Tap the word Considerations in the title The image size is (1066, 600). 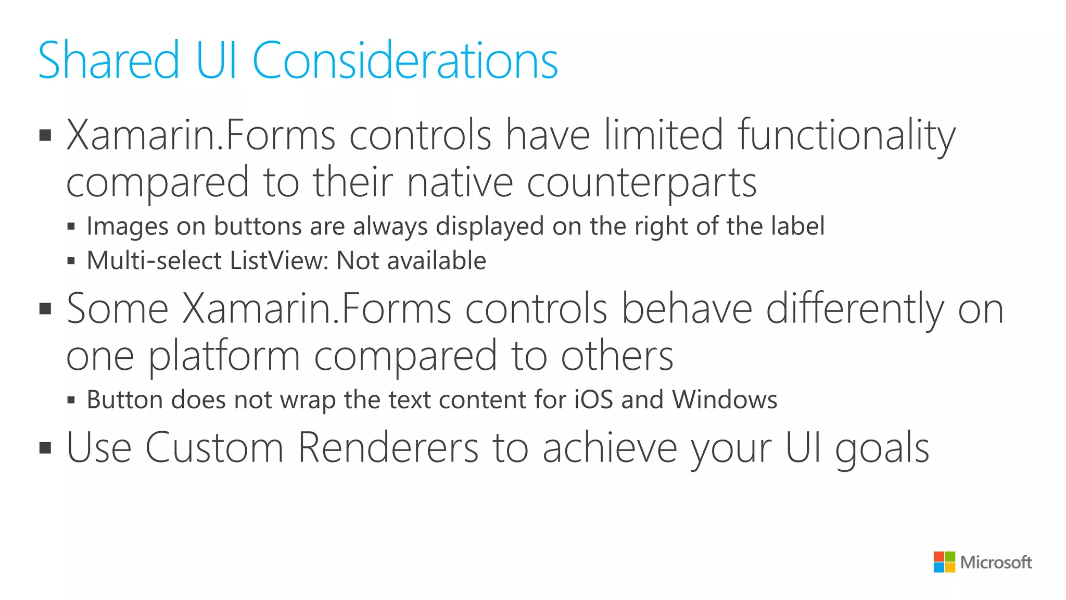(405, 61)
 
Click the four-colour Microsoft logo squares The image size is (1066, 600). (944, 562)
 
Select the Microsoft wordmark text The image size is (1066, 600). (996, 562)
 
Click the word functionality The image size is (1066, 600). (846, 136)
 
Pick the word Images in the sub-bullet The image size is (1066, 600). (128, 227)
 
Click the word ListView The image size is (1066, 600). (279, 260)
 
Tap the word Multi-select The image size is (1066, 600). (154, 260)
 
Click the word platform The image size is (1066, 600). (224, 357)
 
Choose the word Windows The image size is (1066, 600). (725, 400)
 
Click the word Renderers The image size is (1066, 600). (388, 447)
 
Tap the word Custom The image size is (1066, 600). (214, 447)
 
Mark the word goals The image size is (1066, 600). (882, 448)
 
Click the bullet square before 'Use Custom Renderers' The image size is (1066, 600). (45, 447)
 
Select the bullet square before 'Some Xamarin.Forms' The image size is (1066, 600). (45, 309)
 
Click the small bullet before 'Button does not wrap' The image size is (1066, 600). (71, 401)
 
